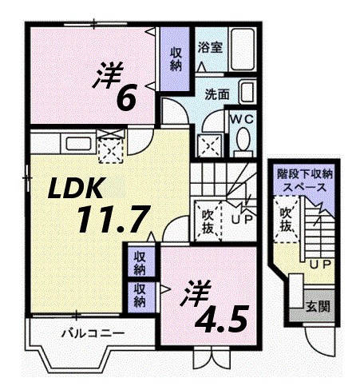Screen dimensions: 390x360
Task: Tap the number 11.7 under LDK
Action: tap(121, 217)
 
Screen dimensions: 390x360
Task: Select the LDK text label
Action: tap(77, 189)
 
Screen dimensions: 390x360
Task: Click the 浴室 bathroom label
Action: tap(210, 47)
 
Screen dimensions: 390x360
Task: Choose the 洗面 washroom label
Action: tap(216, 94)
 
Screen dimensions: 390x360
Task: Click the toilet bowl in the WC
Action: tap(243, 143)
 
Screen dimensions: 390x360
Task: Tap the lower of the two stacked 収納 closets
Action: tap(140, 295)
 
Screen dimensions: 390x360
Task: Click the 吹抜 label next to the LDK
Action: tap(206, 221)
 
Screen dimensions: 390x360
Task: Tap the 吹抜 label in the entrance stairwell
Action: tap(285, 219)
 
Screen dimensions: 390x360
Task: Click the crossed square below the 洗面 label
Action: tap(210, 146)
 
